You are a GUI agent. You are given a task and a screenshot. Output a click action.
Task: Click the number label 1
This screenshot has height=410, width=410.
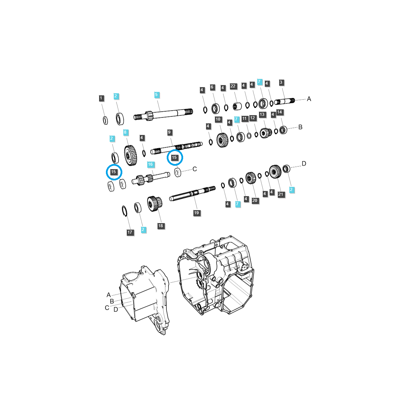(x=101, y=98)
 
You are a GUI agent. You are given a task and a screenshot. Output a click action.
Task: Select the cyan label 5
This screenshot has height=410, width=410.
(x=156, y=95)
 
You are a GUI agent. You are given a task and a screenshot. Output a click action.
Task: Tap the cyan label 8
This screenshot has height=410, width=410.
(x=125, y=132)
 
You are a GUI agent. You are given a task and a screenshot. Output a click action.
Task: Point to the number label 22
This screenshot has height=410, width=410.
(x=233, y=86)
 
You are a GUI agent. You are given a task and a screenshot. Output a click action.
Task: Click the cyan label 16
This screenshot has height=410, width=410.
(x=150, y=165)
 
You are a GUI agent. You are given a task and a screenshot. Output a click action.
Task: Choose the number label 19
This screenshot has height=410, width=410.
(x=196, y=213)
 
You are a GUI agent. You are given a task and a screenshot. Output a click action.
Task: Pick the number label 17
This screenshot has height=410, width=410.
(x=130, y=232)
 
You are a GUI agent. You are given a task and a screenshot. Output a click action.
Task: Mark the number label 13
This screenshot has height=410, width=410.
(x=262, y=115)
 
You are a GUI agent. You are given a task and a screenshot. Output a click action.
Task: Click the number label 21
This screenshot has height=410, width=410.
(x=281, y=194)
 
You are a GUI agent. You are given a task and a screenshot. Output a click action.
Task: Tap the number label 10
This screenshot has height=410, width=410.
(x=218, y=119)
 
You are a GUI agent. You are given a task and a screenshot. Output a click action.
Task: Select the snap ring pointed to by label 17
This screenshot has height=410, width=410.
(x=124, y=211)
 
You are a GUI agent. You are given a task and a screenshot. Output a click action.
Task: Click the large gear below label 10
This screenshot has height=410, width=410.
(x=222, y=140)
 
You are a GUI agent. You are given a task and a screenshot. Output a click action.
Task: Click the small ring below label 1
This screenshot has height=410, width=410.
(x=105, y=120)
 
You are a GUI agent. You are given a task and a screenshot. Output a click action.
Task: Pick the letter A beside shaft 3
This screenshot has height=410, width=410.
(x=309, y=99)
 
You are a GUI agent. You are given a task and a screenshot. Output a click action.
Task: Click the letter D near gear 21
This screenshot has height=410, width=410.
(x=304, y=164)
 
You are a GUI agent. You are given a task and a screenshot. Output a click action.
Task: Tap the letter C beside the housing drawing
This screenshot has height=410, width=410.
(x=107, y=308)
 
